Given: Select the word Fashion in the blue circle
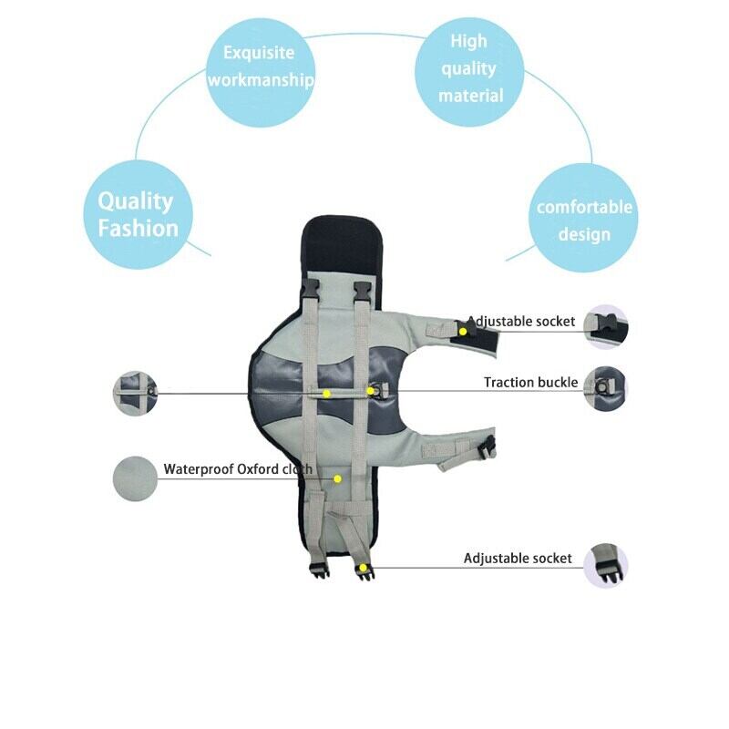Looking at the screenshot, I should click(x=138, y=228).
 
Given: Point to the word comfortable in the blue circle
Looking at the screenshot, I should click(x=584, y=207).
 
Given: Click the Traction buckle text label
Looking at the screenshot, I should click(x=530, y=382).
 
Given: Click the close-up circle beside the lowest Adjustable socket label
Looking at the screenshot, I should click(x=606, y=562).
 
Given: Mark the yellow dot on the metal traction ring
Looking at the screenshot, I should click(x=371, y=391).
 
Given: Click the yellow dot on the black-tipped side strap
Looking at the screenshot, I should click(x=463, y=331).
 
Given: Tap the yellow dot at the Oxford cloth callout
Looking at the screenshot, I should click(x=337, y=477).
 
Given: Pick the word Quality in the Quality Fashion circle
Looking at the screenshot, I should click(x=135, y=201).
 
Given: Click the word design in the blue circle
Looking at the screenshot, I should click(x=584, y=234).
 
